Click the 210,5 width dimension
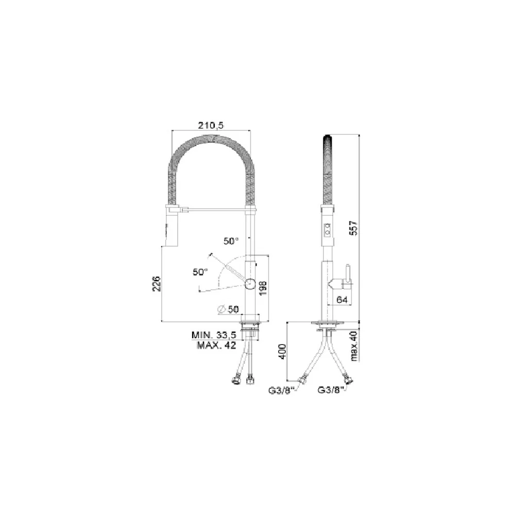(x=211, y=125)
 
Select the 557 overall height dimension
(x=354, y=228)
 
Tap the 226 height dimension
(x=157, y=283)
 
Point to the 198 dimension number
(x=263, y=288)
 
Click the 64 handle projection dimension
(x=342, y=300)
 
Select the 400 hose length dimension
(x=282, y=351)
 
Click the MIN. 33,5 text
(x=214, y=335)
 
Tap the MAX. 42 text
(x=216, y=345)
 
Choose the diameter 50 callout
(x=229, y=309)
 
